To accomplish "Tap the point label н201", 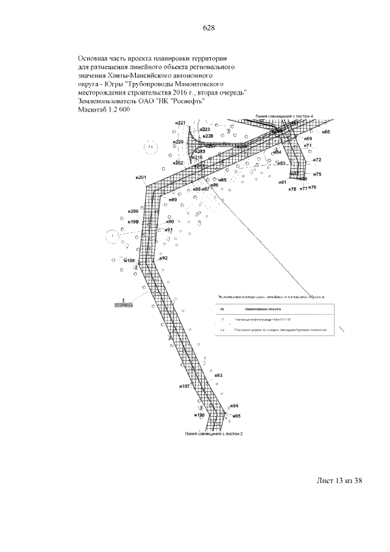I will (141, 177).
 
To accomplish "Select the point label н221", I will (180, 123).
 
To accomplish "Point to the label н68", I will (327, 132).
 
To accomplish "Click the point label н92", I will (163, 258).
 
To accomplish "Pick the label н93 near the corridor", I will (219, 375).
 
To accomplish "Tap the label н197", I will (185, 387).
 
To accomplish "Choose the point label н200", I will (133, 211).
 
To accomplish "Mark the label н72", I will (317, 160).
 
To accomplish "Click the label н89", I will (173, 200).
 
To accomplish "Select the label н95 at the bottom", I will (236, 416).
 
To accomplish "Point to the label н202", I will (178, 163).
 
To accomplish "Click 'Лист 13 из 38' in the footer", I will (339, 481).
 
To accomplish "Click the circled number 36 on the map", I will (150, 147).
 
